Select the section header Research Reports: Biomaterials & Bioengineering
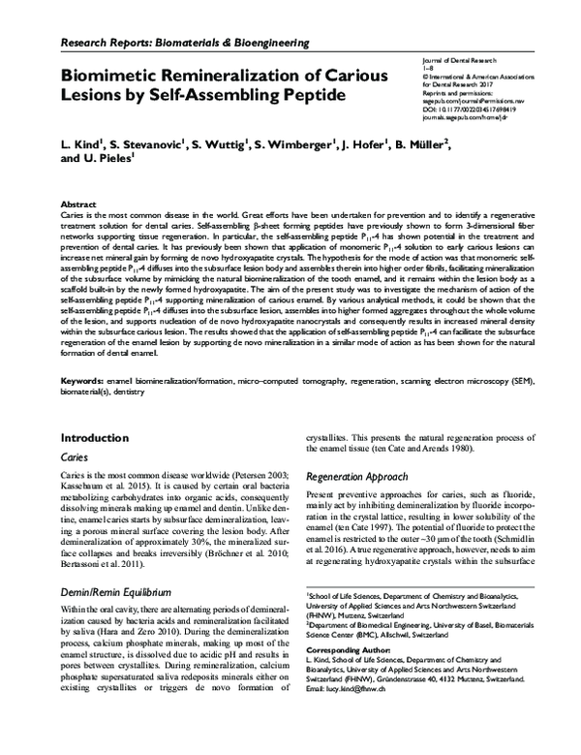coord(185,44)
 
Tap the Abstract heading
coord(78,205)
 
